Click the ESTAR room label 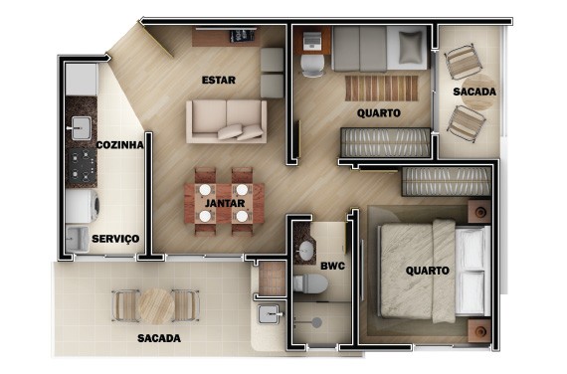pyautogui.click(x=218, y=80)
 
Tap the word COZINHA pyautogui.click(x=120, y=145)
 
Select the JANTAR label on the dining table pyautogui.click(x=224, y=203)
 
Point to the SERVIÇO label pyautogui.click(x=115, y=239)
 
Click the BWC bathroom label pyautogui.click(x=331, y=267)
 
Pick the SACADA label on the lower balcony pyautogui.click(x=159, y=338)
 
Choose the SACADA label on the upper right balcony pyautogui.click(x=473, y=93)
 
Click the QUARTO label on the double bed pyautogui.click(x=428, y=270)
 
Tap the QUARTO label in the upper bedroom pyautogui.click(x=379, y=113)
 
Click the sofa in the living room pyautogui.click(x=226, y=120)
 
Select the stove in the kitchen pyautogui.click(x=81, y=164)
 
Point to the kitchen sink pyautogui.click(x=80, y=126)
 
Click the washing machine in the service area pyautogui.click(x=82, y=206)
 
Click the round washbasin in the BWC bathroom pyautogui.click(x=304, y=250)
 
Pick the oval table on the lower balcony pyautogui.click(x=155, y=304)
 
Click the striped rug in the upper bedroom pyautogui.click(x=382, y=88)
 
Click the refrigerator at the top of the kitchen pyautogui.click(x=82, y=79)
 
